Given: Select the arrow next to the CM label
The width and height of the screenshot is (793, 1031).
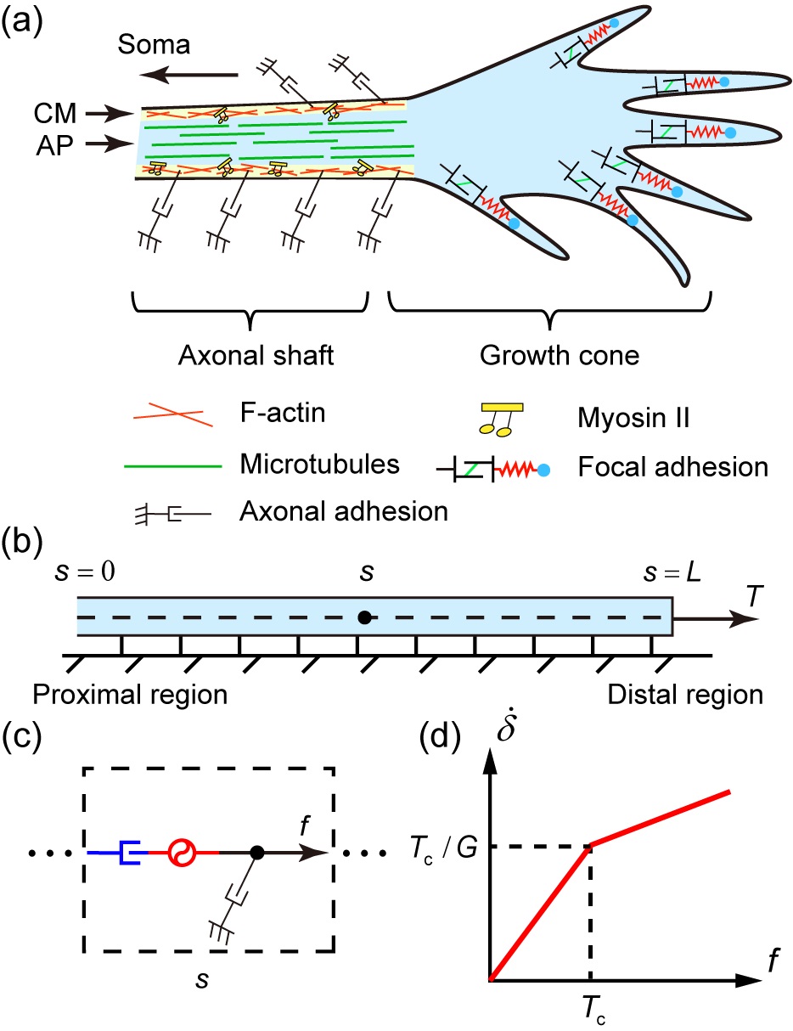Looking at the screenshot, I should [x=110, y=111].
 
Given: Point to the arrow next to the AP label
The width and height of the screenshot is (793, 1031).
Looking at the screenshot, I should [x=110, y=145].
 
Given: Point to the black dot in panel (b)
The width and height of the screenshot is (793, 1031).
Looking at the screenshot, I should [x=363, y=617].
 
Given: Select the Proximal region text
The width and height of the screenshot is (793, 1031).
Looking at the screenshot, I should [x=130, y=695].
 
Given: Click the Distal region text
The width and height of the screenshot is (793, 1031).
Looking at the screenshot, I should [x=685, y=695].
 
